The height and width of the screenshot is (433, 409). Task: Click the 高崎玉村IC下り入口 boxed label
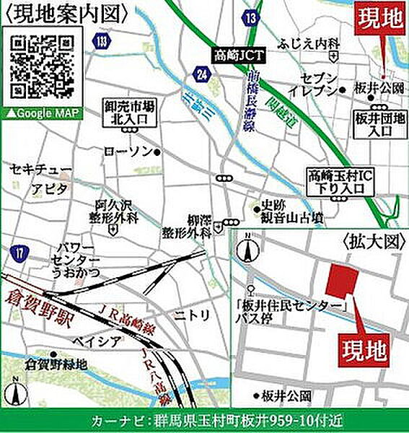(340, 180)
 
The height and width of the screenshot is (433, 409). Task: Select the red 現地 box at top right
(379, 15)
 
